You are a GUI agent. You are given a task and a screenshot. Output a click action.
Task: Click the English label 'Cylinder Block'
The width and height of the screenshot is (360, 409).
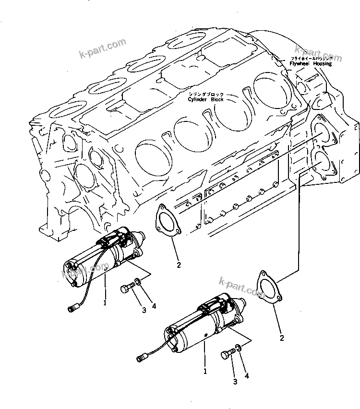click(x=206, y=100)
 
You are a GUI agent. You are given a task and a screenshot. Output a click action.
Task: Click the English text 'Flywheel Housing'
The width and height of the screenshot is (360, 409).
click(x=310, y=64)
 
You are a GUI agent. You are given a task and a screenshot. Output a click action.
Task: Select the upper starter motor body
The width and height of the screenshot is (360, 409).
click(x=103, y=260)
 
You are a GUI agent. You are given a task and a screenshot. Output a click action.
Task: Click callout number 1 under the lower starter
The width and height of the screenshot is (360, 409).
click(x=205, y=371)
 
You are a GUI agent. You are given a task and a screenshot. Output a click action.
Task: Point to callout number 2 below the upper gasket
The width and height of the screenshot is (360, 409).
click(x=178, y=264)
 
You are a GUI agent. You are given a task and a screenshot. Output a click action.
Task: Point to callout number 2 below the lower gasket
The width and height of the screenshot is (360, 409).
click(x=282, y=338)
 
